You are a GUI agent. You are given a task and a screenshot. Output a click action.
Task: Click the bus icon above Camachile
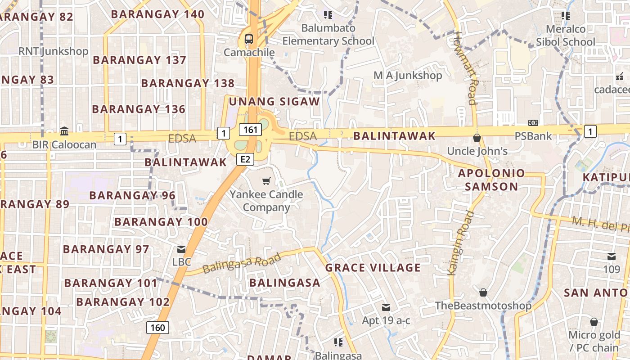pos(249,39)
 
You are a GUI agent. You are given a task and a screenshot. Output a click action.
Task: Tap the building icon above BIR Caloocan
pos(64,131)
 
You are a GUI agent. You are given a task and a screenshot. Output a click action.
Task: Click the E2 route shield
pos(245,159)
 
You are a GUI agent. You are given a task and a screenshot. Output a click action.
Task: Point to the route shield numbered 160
pos(157,327)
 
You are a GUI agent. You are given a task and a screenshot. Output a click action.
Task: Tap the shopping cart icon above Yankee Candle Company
pos(266,181)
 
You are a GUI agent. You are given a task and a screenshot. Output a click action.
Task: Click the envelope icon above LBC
pos(181,249)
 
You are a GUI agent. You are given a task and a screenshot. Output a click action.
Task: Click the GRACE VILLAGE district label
pos(373,268)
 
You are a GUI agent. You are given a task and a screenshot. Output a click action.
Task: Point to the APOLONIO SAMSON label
pos(491,180)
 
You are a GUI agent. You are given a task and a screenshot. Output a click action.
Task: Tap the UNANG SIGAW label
pos(274,102)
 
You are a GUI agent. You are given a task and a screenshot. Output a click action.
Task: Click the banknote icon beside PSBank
pos(533,123)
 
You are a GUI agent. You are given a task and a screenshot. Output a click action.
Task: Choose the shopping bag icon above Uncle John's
pos(477,138)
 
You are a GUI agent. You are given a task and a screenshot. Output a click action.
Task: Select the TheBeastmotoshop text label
pos(483,306)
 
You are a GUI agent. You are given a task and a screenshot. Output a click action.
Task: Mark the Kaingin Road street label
pos(462,243)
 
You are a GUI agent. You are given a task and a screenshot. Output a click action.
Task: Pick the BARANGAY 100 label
pos(161,222)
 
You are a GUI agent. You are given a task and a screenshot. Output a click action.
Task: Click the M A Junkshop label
pos(408,75)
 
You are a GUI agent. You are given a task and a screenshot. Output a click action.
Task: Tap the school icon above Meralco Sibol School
pos(566,16)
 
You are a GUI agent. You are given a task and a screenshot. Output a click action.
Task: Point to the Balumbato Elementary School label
pos(328,35)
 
